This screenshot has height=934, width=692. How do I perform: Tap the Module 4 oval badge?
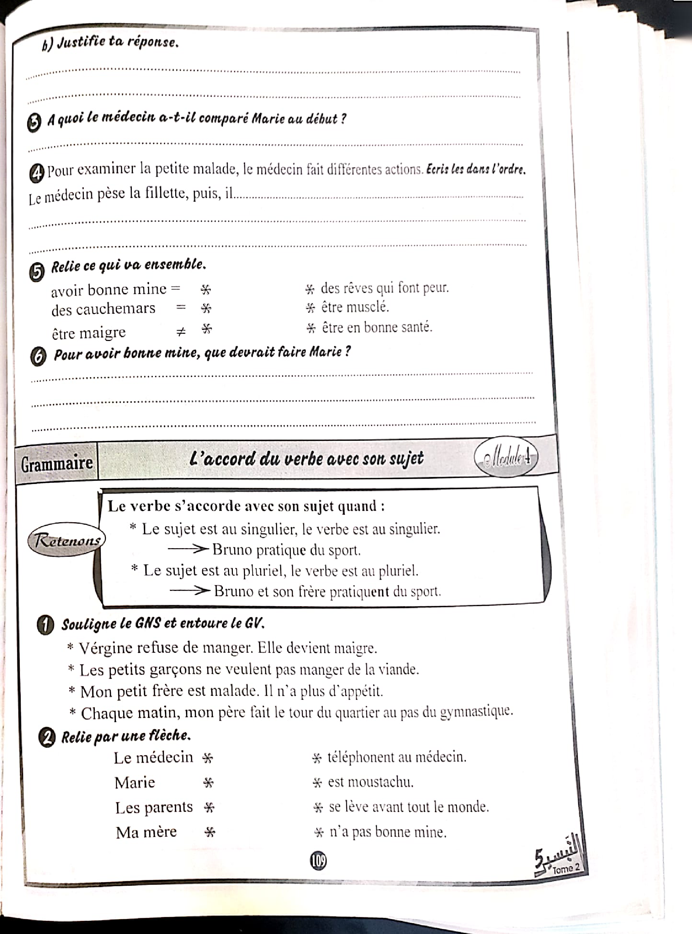coord(506,458)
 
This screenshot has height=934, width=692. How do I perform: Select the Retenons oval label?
coord(66,540)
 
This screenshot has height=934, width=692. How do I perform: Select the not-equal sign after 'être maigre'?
coord(180,332)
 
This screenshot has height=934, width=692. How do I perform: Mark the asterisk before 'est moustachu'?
coord(317,783)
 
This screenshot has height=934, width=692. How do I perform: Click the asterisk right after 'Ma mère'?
coord(209,832)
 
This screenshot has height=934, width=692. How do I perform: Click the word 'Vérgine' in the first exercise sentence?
coord(106,648)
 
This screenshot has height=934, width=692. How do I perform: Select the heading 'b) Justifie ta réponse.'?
coord(110,43)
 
